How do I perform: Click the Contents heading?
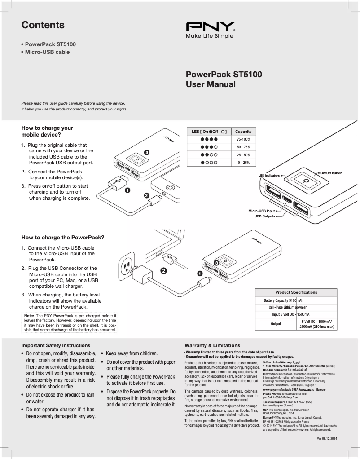(43, 25)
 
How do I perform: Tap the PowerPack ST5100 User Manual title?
(224, 79)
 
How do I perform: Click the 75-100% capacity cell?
(243, 140)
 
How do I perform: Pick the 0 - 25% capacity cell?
(243, 163)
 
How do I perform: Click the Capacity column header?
(243, 132)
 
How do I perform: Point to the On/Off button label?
(331, 173)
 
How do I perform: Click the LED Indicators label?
(269, 175)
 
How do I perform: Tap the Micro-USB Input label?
(261, 210)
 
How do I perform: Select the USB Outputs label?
(264, 216)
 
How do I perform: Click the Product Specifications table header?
(296, 292)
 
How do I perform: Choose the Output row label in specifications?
(276, 324)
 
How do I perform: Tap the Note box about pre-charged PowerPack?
(70, 323)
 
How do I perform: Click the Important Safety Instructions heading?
(56, 345)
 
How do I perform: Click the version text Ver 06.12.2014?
(327, 438)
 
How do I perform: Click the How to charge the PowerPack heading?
(63, 237)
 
